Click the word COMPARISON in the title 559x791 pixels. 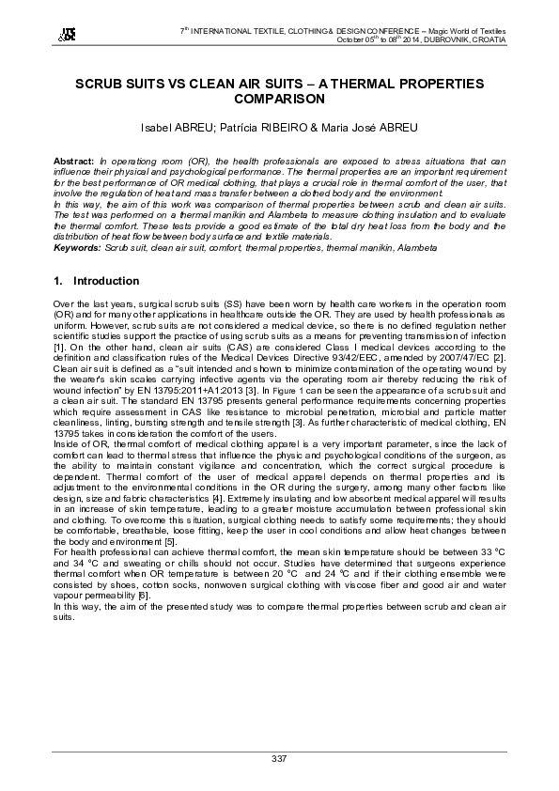[x=279, y=98]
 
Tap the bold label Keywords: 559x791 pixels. [x=77, y=246]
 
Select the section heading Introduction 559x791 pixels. [x=106, y=281]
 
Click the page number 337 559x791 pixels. [x=279, y=758]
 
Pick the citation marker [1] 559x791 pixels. [x=60, y=347]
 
